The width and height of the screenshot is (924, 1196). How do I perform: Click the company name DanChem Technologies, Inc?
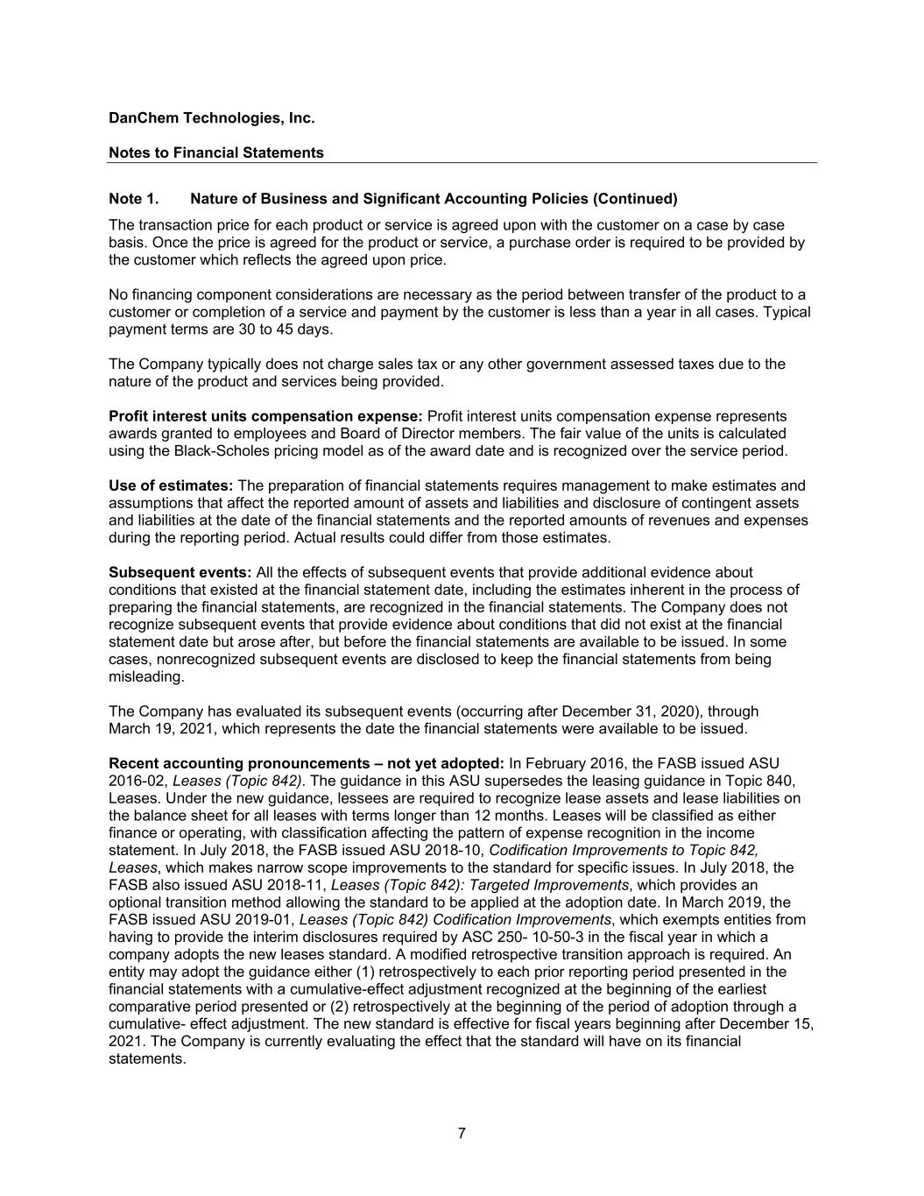(211, 117)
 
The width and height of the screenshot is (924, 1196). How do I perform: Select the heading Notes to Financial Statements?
(215, 152)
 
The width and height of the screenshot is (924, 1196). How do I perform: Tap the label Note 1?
(133, 198)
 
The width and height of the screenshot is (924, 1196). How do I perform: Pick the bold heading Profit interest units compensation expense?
(265, 416)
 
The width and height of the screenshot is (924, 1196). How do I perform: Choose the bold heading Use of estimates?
(171, 485)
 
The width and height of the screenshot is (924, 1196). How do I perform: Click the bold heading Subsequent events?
(180, 572)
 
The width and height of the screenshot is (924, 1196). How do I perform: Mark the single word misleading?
(146, 676)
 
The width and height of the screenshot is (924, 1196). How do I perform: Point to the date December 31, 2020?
(632, 711)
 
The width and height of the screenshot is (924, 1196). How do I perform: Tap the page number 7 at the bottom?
(462, 1134)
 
